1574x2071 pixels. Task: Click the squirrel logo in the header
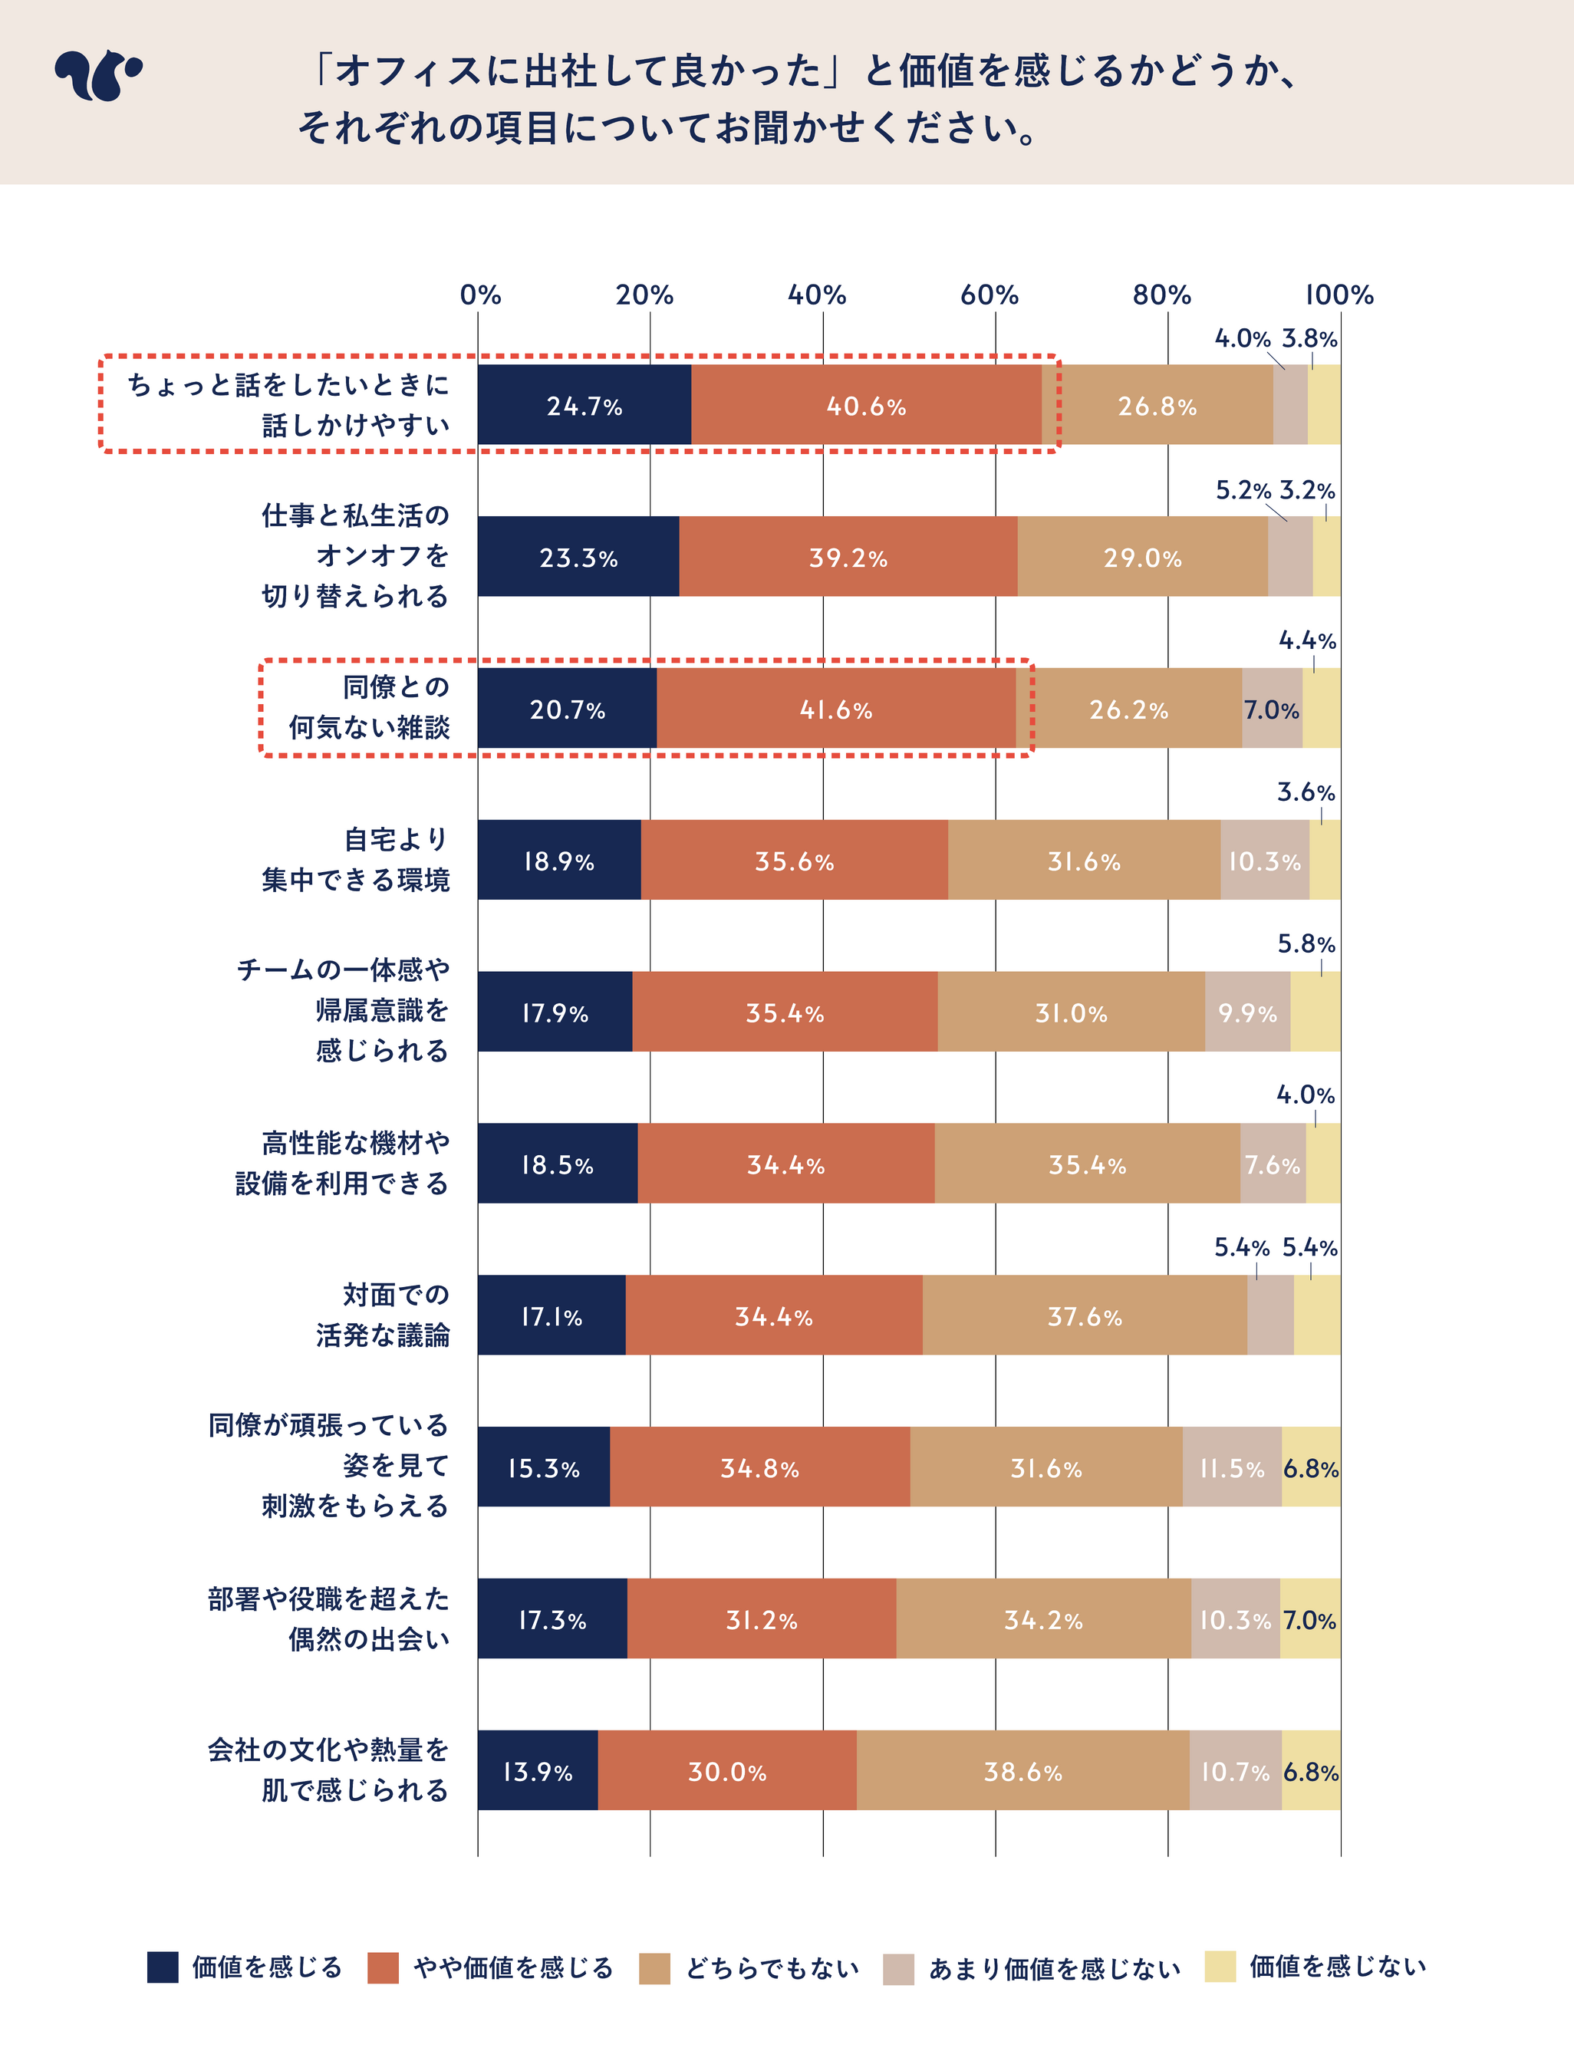(x=97, y=75)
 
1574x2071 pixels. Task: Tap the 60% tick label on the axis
(x=989, y=295)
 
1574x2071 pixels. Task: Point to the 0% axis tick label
(x=479, y=295)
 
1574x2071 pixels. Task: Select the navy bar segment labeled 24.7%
(x=584, y=405)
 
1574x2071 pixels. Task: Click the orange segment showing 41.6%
(x=836, y=709)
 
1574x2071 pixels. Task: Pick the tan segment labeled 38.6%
(x=1022, y=1771)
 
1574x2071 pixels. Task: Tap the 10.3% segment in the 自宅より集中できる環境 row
(x=1264, y=861)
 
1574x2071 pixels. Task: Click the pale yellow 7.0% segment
(x=1310, y=1619)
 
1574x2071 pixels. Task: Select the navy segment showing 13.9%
(x=537, y=1771)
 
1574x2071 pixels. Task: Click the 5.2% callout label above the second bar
(x=1243, y=491)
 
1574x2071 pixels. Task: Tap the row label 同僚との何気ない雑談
(x=369, y=707)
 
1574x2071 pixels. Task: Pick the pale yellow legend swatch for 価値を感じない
(x=1220, y=1967)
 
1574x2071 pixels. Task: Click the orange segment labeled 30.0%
(x=727, y=1771)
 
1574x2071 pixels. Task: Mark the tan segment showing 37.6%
(x=1084, y=1316)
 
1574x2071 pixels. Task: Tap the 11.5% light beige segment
(x=1231, y=1468)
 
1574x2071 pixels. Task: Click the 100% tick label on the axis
(x=1339, y=295)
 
